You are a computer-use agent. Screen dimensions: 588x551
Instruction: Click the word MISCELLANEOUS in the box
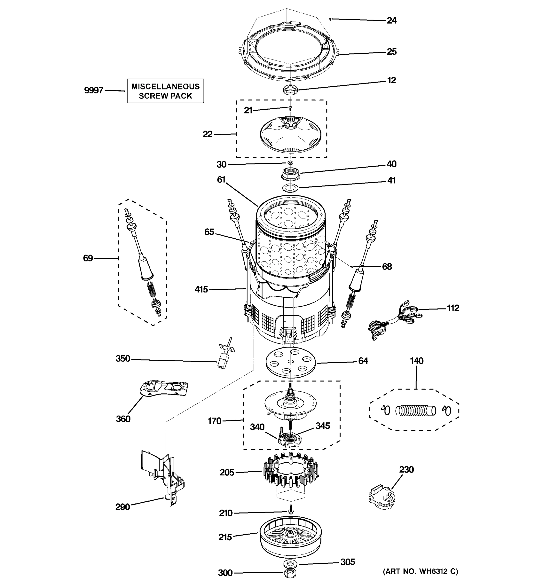click(165, 86)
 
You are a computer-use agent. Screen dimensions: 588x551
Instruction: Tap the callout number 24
click(391, 21)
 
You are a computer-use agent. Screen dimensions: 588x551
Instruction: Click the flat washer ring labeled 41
click(290, 187)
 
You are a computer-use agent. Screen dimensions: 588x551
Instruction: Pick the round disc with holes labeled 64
click(291, 363)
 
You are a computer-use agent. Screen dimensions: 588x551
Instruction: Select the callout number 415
click(201, 289)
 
